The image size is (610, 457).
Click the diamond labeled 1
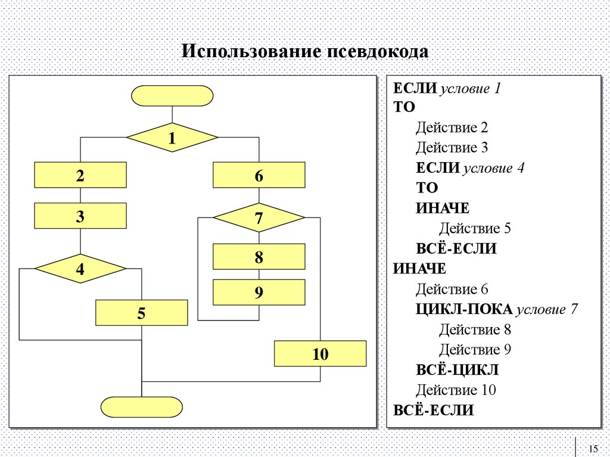coord(172,138)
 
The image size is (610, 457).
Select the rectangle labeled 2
coord(80,175)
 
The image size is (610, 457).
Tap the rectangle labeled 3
coord(80,216)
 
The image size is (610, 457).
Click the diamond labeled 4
coord(80,269)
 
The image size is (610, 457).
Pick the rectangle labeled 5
coord(142,313)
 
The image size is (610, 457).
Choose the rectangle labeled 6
coord(259,175)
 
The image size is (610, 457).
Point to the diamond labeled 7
coord(259,218)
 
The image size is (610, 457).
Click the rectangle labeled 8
coord(259,257)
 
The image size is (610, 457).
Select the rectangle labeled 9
coord(259,293)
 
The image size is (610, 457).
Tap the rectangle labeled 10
coord(320,353)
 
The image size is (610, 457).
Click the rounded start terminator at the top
coord(172,95)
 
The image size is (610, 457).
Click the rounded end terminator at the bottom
coord(142,406)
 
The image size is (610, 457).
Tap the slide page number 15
coord(592,449)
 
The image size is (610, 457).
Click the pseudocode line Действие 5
coord(475,228)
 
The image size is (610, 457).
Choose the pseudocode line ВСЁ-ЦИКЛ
coord(457,370)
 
